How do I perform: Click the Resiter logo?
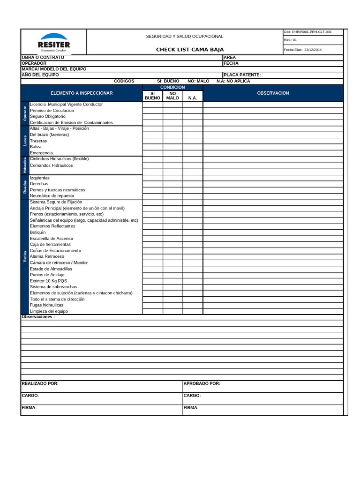(x=53, y=42)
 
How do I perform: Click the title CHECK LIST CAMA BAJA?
(x=190, y=50)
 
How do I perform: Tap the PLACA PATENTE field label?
(x=242, y=75)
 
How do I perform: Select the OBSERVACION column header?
(x=273, y=93)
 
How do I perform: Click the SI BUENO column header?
(x=152, y=96)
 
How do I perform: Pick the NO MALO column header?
(x=172, y=96)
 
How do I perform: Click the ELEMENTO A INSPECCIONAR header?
(x=82, y=93)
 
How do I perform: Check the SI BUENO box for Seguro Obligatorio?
(x=152, y=116)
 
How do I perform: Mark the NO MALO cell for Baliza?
(x=172, y=147)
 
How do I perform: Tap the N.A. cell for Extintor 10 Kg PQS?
(x=193, y=281)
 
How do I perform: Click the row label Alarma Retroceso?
(x=47, y=256)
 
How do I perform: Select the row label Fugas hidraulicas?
(x=46, y=305)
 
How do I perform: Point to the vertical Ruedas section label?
(x=25, y=187)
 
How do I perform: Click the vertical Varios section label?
(x=25, y=256)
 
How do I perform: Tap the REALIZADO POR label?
(x=40, y=383)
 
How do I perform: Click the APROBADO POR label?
(x=202, y=383)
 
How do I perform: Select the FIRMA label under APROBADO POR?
(x=191, y=408)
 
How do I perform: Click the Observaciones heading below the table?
(x=38, y=317)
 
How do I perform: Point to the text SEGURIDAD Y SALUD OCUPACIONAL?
(x=184, y=37)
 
